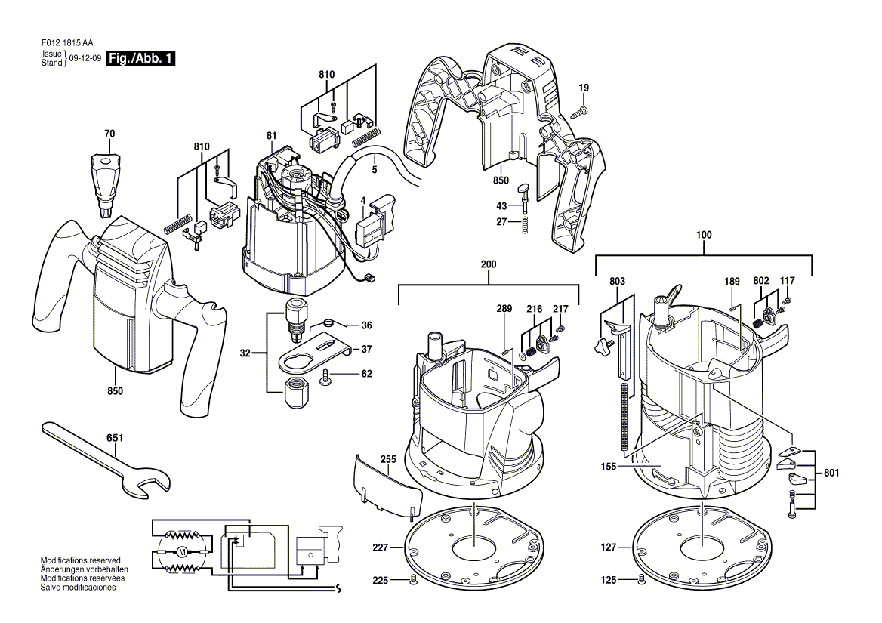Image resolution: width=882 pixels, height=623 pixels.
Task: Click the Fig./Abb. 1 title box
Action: pyautogui.click(x=140, y=58)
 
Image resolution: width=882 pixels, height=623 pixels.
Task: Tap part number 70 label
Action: pyautogui.click(x=109, y=134)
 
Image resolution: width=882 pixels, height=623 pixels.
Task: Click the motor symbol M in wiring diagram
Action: pyautogui.click(x=181, y=551)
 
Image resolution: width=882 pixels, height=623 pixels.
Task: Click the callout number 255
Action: pyautogui.click(x=388, y=459)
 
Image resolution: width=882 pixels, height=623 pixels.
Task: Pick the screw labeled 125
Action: pyautogui.click(x=640, y=580)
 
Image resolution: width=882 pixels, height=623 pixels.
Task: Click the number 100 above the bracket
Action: pyautogui.click(x=704, y=235)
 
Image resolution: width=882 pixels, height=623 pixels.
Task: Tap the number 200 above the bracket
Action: pyautogui.click(x=489, y=264)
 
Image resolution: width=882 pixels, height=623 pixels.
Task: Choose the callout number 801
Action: pyautogui.click(x=831, y=473)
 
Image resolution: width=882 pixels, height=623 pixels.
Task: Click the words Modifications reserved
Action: pyautogui.click(x=81, y=560)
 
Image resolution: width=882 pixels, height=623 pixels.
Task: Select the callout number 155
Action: pyautogui.click(x=608, y=466)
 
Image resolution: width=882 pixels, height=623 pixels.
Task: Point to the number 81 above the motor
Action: pyautogui.click(x=272, y=135)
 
